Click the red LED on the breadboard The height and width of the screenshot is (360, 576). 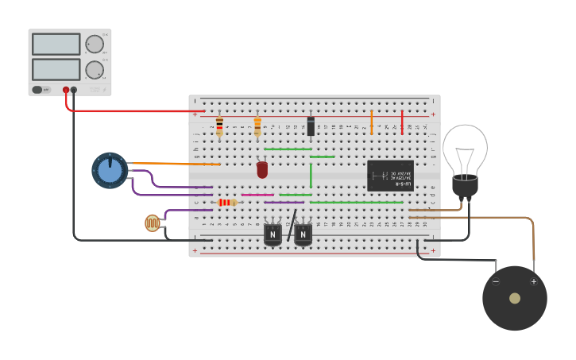click(x=262, y=170)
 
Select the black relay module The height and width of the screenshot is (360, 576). click(x=389, y=176)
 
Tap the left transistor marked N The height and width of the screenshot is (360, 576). click(x=273, y=234)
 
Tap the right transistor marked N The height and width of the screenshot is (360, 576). click(x=303, y=234)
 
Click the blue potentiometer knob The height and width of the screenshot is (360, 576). click(x=110, y=170)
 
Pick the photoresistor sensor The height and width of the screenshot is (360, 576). click(x=153, y=223)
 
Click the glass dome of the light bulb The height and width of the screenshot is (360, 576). click(x=465, y=149)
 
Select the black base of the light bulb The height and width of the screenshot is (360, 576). click(x=465, y=187)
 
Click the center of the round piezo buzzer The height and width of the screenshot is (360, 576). click(x=515, y=298)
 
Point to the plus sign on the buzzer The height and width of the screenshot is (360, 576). click(x=533, y=281)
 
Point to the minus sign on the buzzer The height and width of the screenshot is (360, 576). click(x=496, y=281)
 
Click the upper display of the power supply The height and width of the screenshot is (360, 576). click(x=56, y=45)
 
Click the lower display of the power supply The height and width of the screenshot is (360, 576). click(x=56, y=69)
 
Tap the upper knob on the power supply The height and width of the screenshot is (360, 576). click(x=95, y=44)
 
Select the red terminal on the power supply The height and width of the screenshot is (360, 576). click(x=66, y=90)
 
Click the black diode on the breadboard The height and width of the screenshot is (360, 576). click(x=311, y=126)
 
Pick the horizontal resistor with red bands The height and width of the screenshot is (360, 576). click(x=227, y=203)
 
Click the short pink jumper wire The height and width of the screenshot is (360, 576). click(x=257, y=194)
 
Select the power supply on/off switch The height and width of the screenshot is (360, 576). click(x=41, y=90)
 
